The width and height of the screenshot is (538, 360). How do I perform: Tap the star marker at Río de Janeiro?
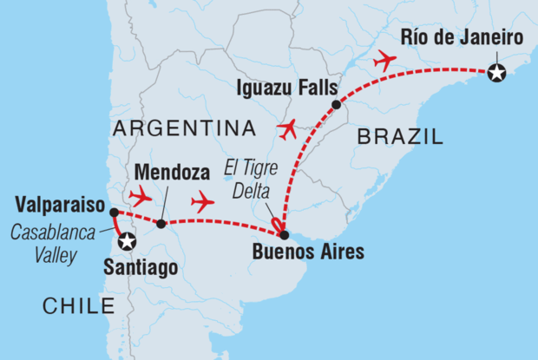(496, 73)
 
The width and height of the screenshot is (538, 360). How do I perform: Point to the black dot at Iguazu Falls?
(336, 105)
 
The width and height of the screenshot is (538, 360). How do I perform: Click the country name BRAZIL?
(400, 136)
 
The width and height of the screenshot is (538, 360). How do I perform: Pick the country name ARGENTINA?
(184, 128)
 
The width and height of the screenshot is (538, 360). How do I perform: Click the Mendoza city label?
(165, 170)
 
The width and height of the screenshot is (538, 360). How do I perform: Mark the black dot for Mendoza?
(161, 224)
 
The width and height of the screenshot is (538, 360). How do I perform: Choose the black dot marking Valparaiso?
(114, 212)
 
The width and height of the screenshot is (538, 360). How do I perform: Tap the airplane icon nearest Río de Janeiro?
(382, 62)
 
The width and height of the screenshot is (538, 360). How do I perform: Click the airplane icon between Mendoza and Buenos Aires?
(202, 201)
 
